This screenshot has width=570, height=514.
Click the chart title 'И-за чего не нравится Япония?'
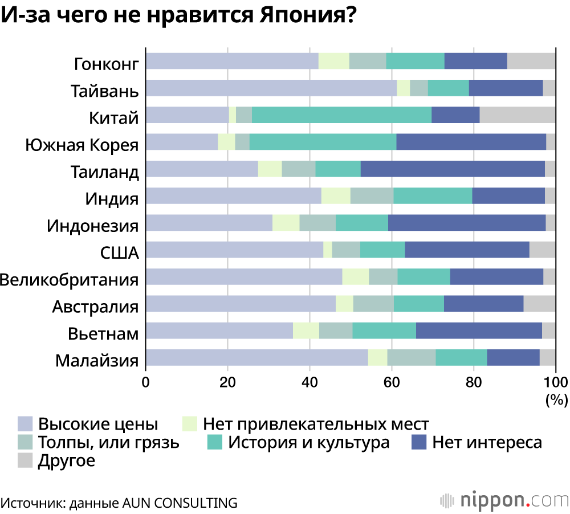178,16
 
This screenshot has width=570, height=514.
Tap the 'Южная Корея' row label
82,144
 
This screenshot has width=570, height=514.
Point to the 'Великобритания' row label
70,280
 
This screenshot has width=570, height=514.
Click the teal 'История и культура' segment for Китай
341,115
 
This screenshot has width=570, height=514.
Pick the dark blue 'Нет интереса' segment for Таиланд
453,169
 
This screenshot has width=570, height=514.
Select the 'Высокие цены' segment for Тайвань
271,88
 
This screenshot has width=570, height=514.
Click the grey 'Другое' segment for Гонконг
531,61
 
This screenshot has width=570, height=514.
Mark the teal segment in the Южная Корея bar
323,142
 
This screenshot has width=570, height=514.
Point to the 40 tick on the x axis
310,382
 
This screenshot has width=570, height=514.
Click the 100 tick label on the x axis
555,382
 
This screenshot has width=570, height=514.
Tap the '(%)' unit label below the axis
556,400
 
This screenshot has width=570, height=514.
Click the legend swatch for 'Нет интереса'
419,442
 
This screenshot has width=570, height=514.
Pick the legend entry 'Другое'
66,460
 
